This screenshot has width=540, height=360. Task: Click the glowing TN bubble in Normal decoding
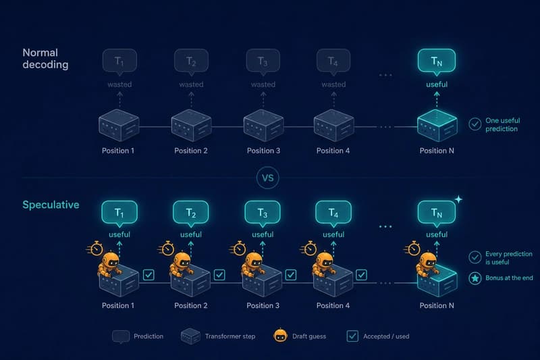pos(436,61)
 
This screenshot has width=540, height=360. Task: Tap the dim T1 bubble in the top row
pos(119,61)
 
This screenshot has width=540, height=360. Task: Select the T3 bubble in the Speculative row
pos(263,213)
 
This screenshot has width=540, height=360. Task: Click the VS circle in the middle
pos(267,178)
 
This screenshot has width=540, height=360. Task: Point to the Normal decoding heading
pos(45,59)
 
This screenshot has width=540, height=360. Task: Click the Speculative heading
pos(51,205)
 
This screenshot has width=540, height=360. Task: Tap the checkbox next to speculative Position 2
pos(219,275)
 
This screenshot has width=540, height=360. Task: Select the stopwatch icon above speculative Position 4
pos(309,248)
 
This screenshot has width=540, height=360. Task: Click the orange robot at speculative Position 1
pos(110,264)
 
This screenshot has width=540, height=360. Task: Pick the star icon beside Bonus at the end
pos(475,278)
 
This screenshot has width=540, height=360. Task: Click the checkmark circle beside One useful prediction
pos(475,124)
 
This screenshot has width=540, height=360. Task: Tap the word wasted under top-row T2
pos(191,84)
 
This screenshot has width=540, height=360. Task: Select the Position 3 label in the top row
pos(263,151)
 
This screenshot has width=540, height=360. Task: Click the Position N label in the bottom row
pos(437,305)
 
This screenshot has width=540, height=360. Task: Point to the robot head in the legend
pos(280,335)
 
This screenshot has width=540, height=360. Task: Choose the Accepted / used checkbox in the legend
pos(352,336)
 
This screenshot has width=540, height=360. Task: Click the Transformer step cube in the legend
pos(190,336)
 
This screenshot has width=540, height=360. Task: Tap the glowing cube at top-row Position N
pos(437,126)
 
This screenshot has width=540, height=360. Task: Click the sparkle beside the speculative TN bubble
pos(458,199)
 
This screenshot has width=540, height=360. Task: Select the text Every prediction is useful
pos(509,258)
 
